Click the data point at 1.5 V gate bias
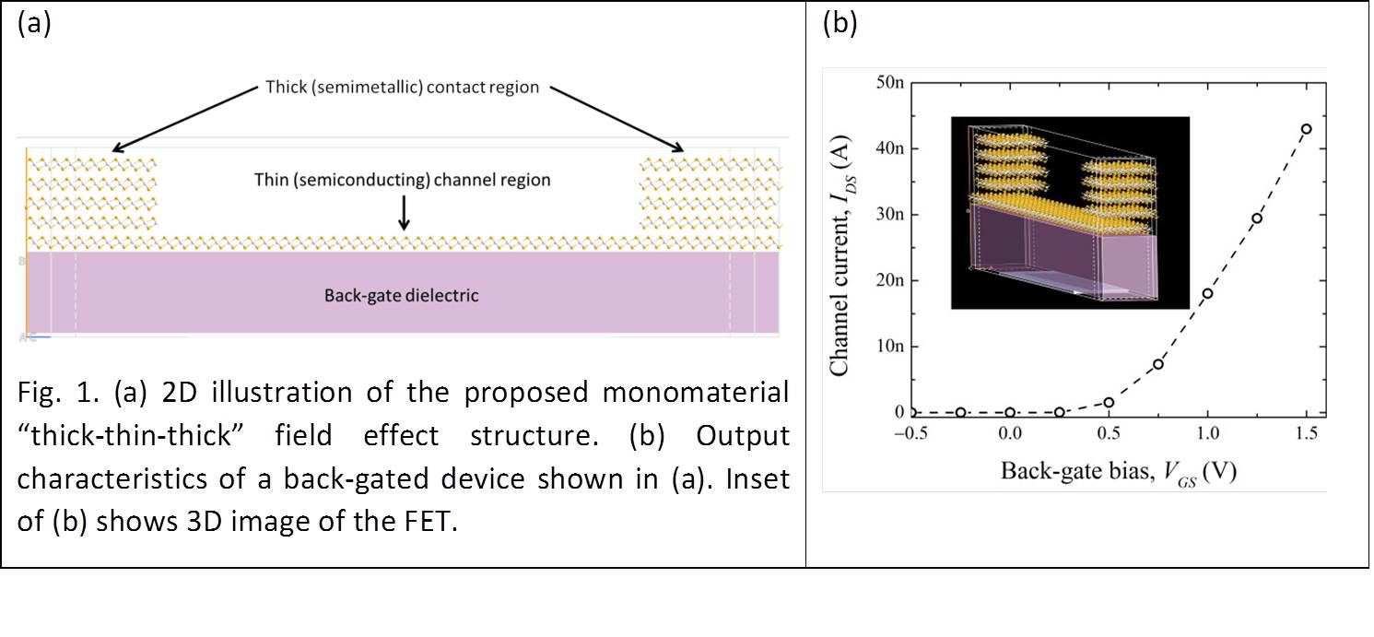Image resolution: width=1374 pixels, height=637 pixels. point(1306,129)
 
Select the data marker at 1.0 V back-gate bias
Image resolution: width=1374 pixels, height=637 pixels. point(1207,293)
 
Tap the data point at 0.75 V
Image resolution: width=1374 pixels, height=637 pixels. point(1158,364)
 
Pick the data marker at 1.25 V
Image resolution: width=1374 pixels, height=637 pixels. point(1257,218)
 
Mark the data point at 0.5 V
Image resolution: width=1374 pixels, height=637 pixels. point(1109,402)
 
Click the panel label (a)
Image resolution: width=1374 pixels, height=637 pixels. point(33,25)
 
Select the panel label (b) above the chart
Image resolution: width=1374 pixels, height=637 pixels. point(839,25)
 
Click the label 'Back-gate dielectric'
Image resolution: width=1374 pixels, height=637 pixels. point(401,296)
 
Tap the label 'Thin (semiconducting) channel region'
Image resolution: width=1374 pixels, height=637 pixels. point(403,180)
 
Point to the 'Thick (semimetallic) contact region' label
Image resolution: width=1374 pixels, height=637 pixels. point(401,88)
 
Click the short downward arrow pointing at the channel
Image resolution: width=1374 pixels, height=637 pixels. point(403,214)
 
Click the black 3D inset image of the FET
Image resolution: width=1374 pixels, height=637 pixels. point(1069,212)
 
